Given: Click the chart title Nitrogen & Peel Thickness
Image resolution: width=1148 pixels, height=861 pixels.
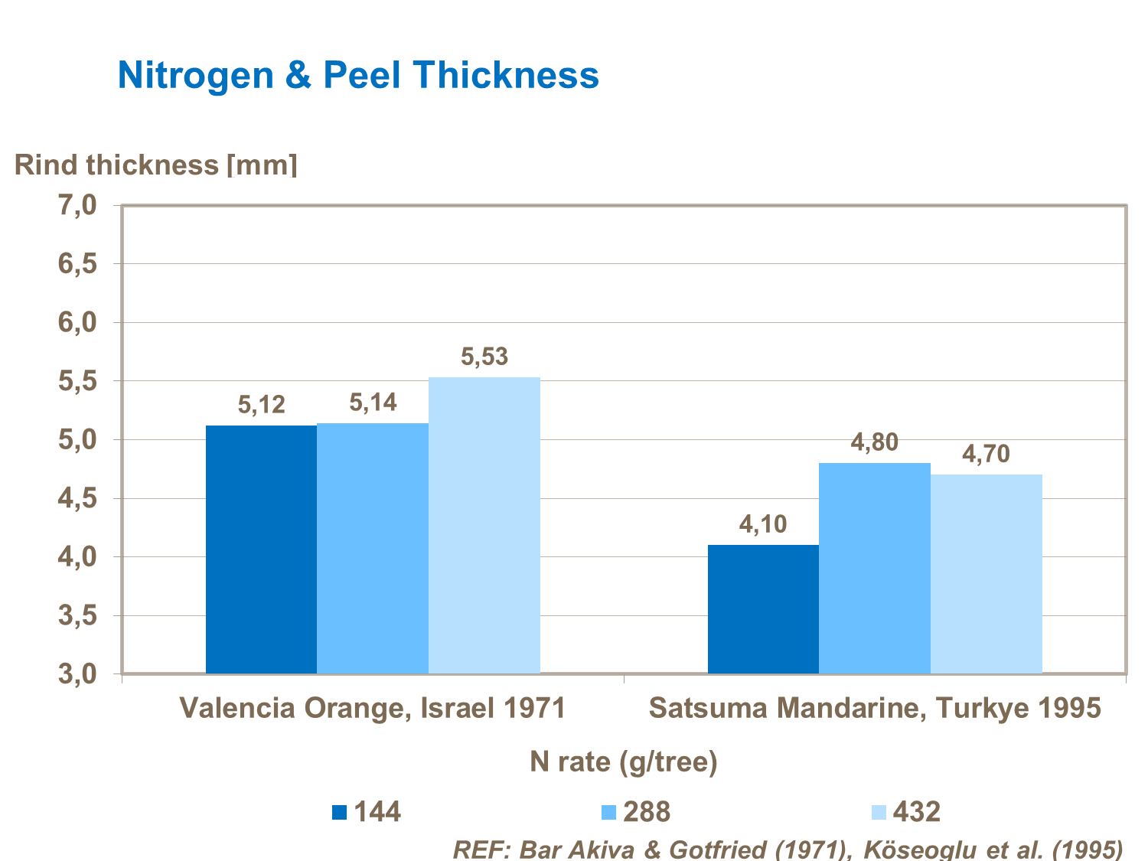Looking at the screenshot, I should tap(358, 75).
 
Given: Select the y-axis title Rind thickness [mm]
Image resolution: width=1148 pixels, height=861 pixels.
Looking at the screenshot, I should tap(155, 165).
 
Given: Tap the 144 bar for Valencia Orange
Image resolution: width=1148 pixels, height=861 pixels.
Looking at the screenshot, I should tap(261, 549).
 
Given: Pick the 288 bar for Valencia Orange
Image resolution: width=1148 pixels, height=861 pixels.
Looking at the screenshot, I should tap(373, 548).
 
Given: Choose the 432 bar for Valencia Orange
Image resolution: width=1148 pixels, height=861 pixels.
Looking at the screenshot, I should tap(484, 525).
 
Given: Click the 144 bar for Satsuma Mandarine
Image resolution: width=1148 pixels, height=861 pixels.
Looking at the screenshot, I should tap(763, 608).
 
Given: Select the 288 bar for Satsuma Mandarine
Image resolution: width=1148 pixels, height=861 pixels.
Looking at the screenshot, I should tap(875, 568).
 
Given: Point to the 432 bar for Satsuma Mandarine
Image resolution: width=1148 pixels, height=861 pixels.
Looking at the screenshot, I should tap(987, 574).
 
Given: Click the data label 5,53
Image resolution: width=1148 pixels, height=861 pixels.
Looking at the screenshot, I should tap(484, 357).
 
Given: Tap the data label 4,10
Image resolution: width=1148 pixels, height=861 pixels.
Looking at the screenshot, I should tap(763, 524).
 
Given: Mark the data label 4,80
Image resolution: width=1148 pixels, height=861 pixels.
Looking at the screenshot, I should tap(875, 442).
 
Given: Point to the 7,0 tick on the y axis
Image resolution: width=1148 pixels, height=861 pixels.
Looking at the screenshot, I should tap(77, 205).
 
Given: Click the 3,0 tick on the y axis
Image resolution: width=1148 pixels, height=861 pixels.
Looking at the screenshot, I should tap(77, 674).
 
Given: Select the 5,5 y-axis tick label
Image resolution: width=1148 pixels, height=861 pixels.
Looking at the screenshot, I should tap(77, 381).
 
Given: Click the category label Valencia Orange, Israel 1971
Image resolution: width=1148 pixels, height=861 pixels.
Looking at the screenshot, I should tap(373, 708).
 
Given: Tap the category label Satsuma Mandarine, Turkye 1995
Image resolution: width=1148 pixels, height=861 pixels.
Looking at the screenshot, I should tap(875, 708).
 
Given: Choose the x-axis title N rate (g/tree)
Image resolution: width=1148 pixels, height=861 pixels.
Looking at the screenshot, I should tap(624, 762).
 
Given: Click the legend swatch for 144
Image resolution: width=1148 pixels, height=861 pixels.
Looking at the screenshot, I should tap(339, 812).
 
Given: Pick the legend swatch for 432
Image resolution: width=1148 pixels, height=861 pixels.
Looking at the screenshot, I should tap(879, 812).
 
